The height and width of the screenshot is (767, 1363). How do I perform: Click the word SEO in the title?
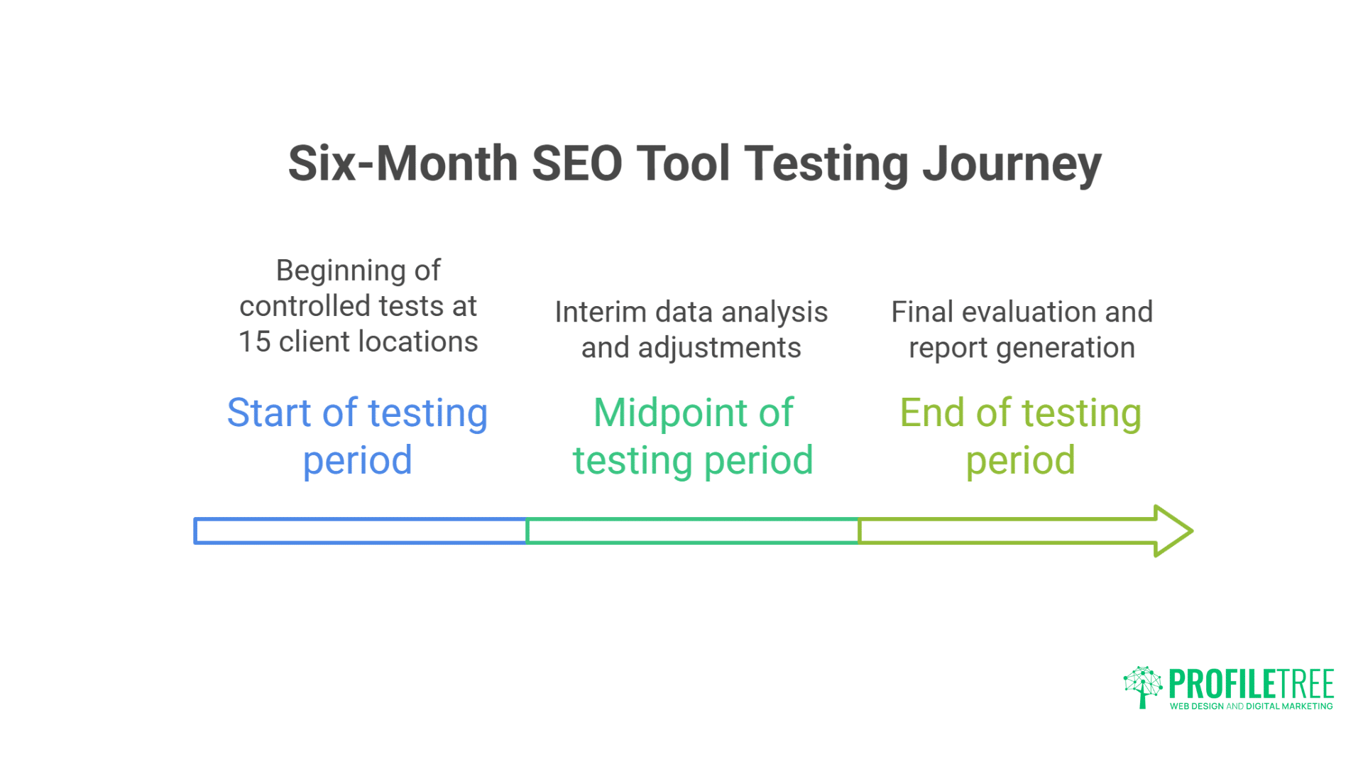click(x=576, y=163)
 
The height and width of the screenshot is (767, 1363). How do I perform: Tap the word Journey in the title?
click(x=1012, y=165)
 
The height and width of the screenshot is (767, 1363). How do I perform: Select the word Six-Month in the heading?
click(x=403, y=163)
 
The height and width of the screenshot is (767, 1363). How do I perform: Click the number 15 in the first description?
click(x=254, y=342)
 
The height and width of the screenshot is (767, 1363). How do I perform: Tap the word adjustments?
click(x=719, y=349)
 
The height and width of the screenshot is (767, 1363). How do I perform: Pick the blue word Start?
click(x=269, y=413)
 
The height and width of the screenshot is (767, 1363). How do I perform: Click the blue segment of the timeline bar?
click(x=360, y=531)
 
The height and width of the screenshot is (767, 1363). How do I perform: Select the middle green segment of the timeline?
click(x=692, y=531)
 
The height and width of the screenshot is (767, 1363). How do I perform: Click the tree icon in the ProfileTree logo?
click(x=1142, y=686)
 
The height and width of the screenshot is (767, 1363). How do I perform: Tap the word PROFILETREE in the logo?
click(x=1251, y=684)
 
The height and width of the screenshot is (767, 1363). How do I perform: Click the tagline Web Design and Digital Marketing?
click(x=1251, y=706)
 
